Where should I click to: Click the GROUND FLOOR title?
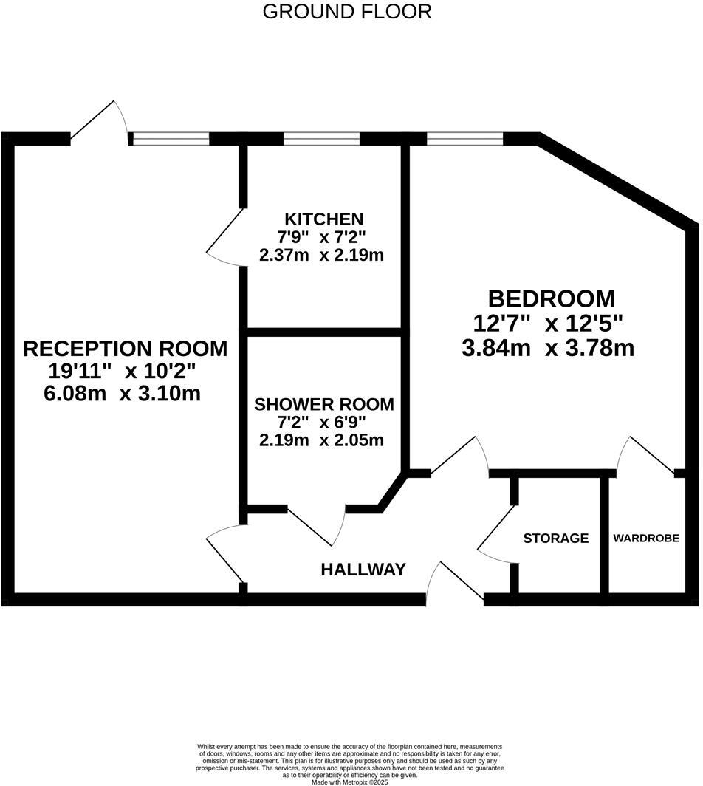347,12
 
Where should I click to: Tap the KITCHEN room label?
324,219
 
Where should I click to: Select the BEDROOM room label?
552,298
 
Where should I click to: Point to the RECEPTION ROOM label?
126,348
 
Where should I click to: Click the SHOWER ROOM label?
323,405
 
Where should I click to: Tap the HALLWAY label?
363,570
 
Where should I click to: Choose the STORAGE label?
556,539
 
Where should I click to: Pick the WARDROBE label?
646,539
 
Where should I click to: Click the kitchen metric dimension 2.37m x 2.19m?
322,256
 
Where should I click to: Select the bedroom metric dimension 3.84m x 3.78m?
548,348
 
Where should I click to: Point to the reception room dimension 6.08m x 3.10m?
123,393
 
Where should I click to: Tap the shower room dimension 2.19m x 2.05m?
322,440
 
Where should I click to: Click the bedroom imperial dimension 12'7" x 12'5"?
549,323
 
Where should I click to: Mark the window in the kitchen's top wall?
321,138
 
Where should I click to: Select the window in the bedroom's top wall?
465,138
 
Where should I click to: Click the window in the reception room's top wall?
170,138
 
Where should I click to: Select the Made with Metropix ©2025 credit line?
350,782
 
